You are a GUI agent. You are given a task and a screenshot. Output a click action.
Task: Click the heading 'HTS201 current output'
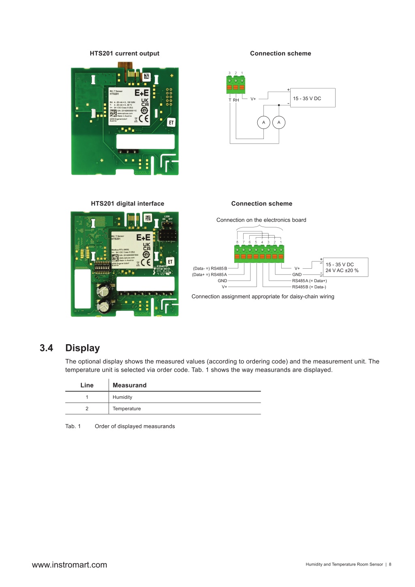click(124, 54)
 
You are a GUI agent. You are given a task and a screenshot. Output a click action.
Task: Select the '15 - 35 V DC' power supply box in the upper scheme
click(313, 98)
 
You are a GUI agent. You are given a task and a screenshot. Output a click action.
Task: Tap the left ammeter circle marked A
click(263, 122)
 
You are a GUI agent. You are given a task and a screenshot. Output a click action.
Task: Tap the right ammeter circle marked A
click(279, 122)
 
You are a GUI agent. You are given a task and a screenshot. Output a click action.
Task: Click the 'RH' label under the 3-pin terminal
click(236, 100)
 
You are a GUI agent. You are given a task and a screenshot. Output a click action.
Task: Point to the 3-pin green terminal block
click(235, 84)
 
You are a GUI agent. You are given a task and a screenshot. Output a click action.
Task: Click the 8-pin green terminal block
click(259, 254)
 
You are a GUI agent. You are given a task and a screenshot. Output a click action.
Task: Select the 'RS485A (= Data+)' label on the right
click(309, 281)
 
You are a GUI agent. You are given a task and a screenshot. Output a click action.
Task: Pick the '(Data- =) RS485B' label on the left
click(210, 268)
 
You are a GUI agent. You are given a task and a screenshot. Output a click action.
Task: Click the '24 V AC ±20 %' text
click(342, 271)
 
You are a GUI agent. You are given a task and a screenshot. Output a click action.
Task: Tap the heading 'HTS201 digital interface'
click(127, 204)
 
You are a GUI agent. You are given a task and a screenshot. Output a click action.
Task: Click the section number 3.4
click(46, 348)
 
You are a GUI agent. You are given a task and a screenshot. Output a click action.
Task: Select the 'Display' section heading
click(83, 348)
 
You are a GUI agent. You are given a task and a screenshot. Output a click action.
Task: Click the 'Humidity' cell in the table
click(122, 397)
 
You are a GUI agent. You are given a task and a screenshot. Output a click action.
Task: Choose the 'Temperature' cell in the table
click(127, 409)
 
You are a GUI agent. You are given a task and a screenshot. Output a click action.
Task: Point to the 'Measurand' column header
click(130, 386)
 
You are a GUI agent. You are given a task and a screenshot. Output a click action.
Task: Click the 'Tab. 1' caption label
click(73, 426)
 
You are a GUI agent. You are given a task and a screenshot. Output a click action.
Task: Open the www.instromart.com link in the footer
click(69, 565)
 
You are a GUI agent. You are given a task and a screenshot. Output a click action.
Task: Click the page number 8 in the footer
click(390, 564)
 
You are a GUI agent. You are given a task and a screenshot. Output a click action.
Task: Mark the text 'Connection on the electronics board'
click(261, 220)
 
